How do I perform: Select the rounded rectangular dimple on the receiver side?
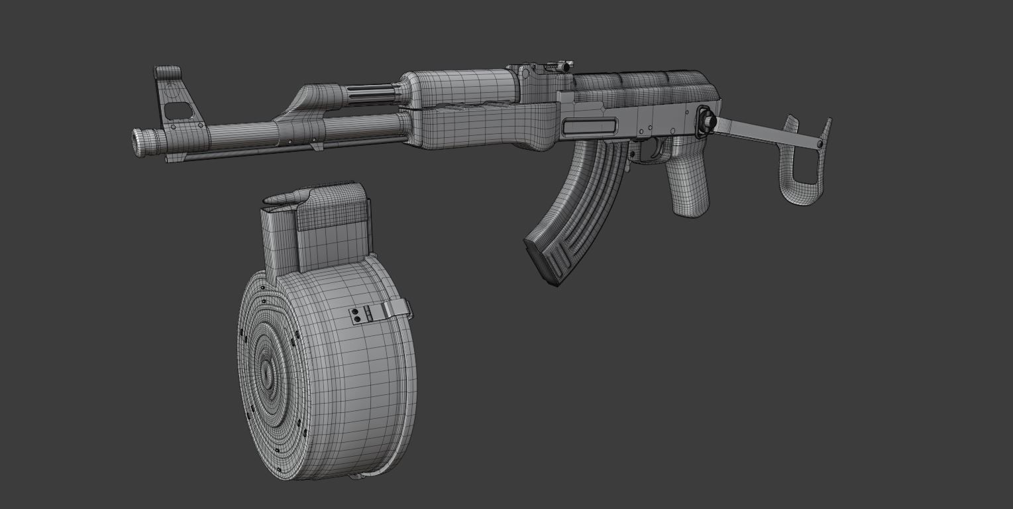(x=589, y=126)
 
